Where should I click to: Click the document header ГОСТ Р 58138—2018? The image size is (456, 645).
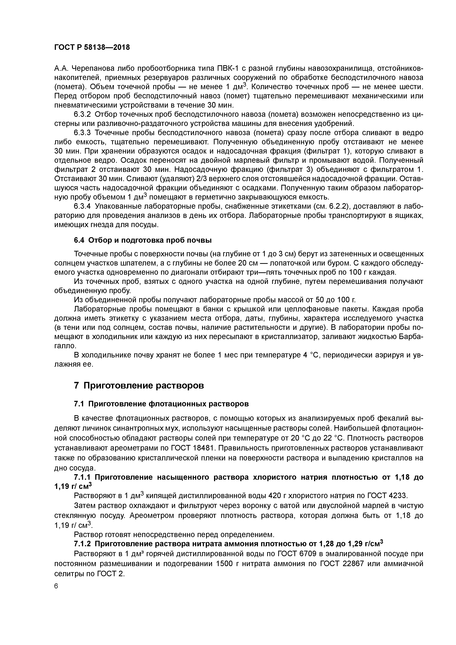pos(92,47)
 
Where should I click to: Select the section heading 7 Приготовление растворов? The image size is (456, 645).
pos(139,385)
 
